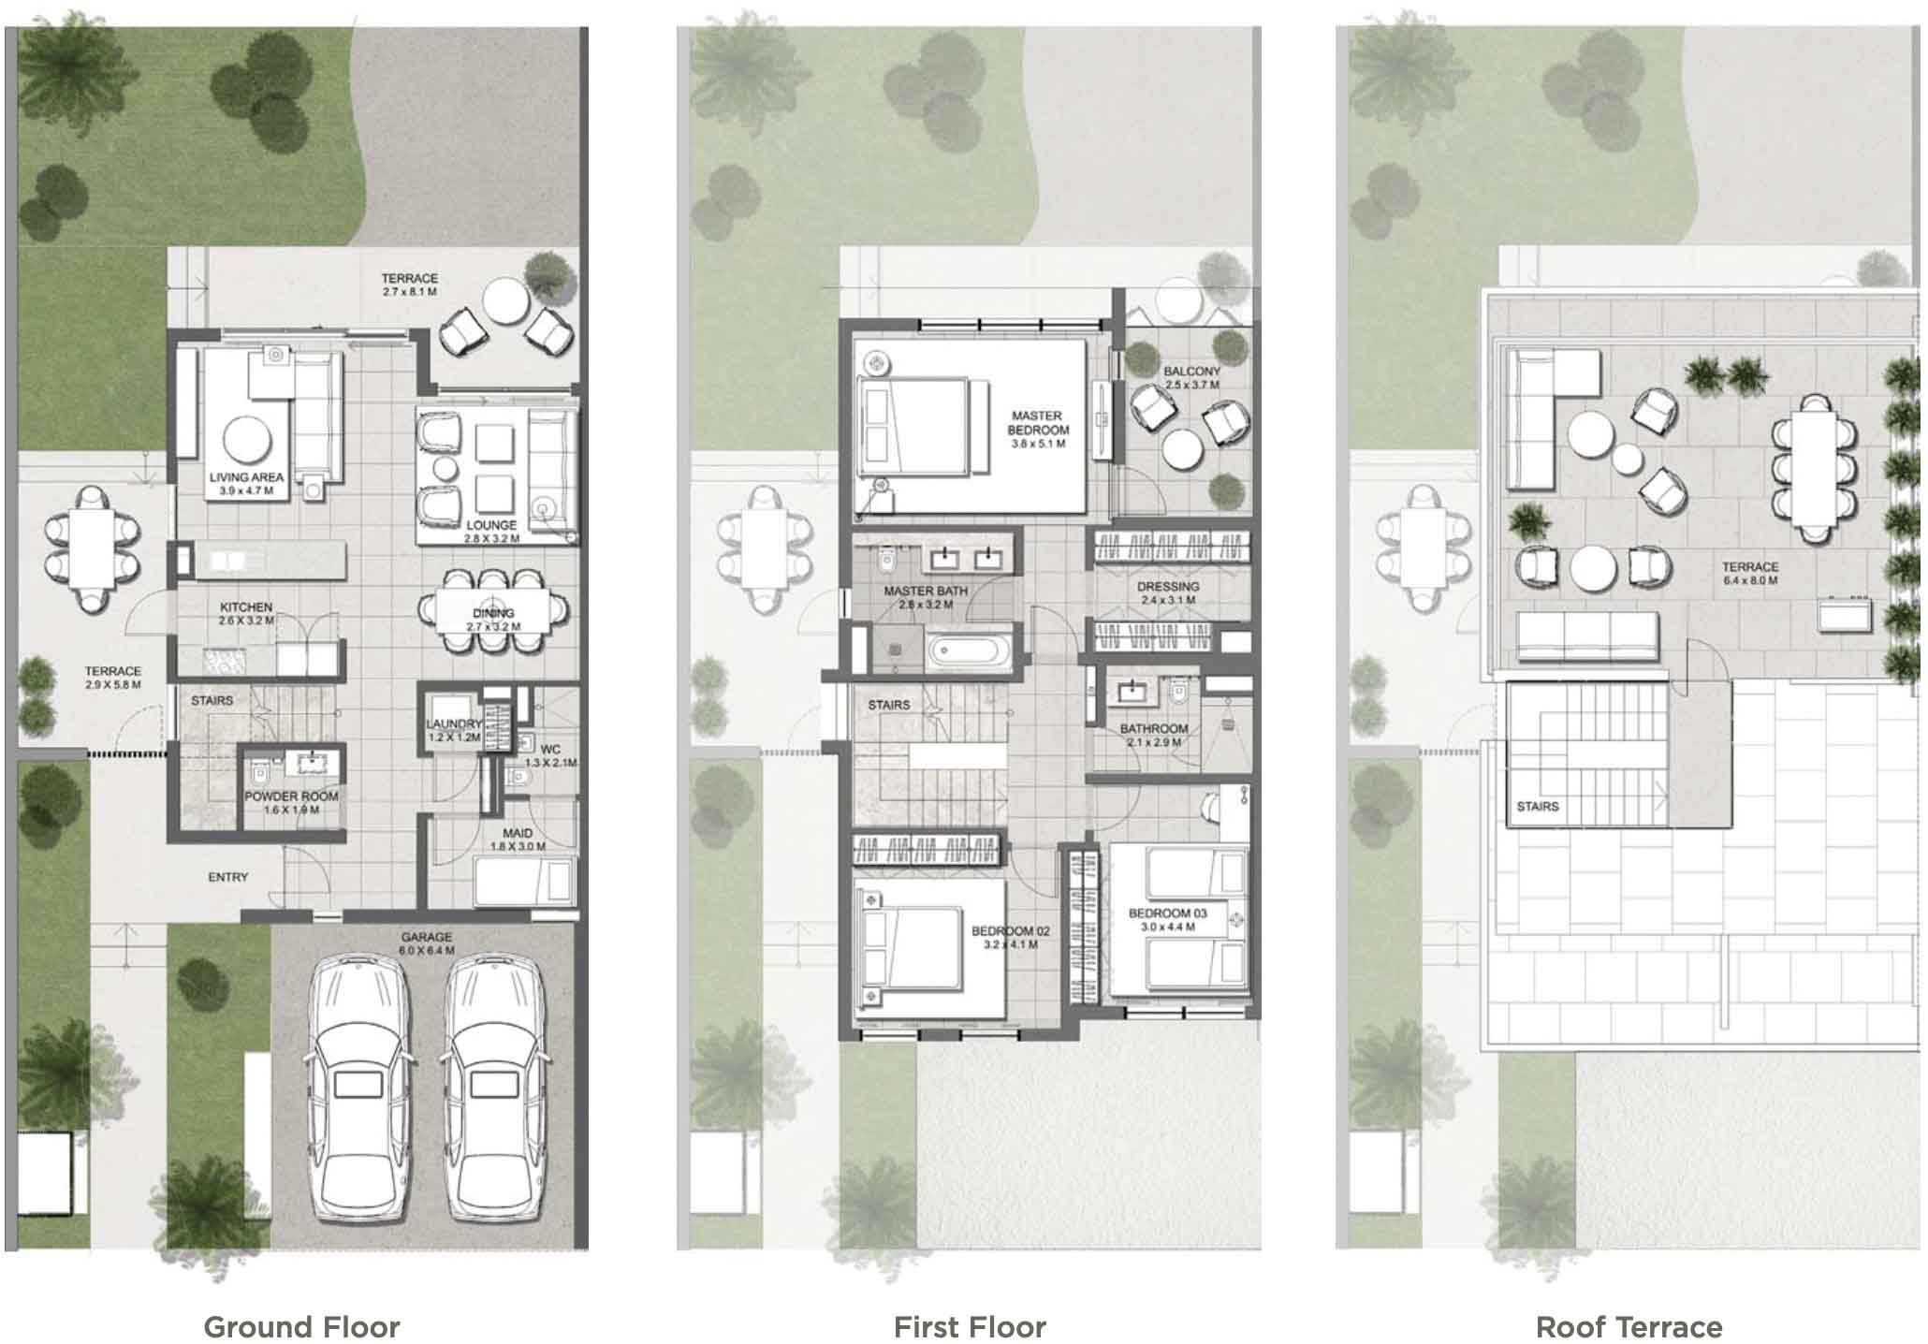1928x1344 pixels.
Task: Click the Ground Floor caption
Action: tap(301, 1327)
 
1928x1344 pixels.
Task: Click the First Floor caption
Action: tap(970, 1327)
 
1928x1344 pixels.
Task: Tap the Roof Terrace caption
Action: tap(1629, 1327)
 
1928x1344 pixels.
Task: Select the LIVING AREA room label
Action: tap(246, 477)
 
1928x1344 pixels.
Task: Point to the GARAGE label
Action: tap(427, 937)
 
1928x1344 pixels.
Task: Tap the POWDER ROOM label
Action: tap(291, 796)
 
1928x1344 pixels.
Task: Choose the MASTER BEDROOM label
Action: tap(1037, 422)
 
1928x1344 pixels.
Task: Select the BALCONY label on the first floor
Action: tap(1191, 372)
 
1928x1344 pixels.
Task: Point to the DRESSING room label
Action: tap(1168, 587)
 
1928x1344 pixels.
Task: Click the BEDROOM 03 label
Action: tap(1167, 913)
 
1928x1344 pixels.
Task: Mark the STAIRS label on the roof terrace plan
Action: tap(1538, 806)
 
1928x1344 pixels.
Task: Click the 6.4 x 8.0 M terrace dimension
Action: tap(1750, 580)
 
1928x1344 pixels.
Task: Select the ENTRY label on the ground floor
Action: tap(227, 877)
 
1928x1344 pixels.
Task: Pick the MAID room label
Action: tap(518, 833)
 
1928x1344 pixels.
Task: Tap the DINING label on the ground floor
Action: tap(493, 613)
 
